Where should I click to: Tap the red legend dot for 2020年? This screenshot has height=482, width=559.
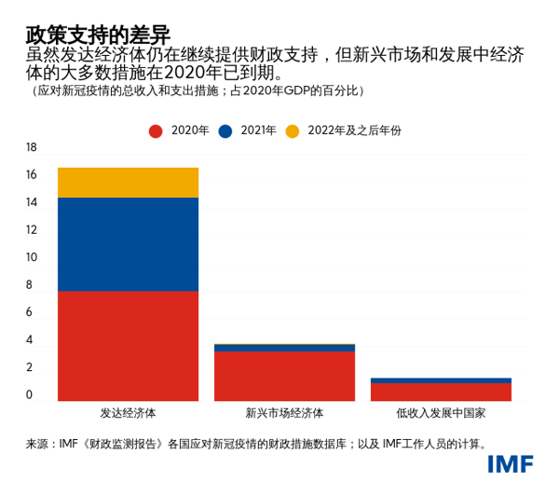tap(156, 131)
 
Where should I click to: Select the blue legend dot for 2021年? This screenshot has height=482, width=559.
tap(225, 131)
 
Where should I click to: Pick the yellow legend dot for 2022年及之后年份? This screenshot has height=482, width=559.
tap(293, 131)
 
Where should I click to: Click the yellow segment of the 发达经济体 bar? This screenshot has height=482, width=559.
tap(128, 183)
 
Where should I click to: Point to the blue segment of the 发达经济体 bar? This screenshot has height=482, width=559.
tap(128, 244)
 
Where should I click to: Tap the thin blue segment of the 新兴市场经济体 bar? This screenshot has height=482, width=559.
tap(284, 348)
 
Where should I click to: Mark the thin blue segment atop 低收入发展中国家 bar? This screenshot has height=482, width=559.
tap(441, 380)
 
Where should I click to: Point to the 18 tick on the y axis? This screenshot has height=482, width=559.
tap(31, 147)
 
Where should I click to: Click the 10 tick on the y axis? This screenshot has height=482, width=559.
tap(31, 257)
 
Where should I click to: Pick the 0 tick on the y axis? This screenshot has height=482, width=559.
tap(31, 395)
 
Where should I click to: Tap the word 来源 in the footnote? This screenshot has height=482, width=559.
tap(37, 444)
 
